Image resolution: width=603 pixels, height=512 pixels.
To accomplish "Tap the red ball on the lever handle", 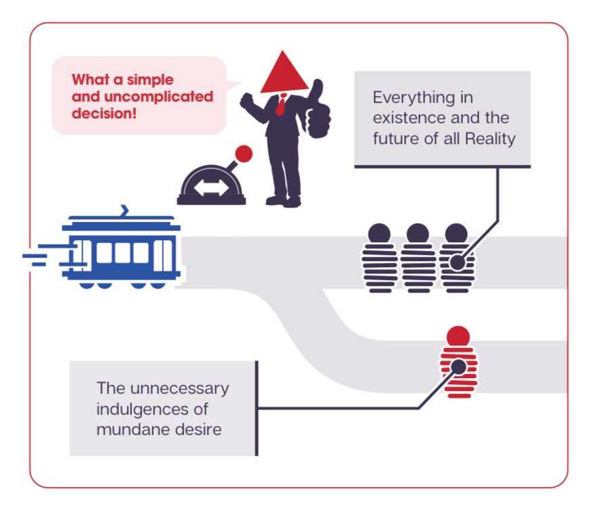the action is point(244,154).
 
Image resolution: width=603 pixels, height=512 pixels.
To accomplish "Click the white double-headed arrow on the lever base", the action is point(210,187).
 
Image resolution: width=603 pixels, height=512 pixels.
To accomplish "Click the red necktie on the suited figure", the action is point(280,106).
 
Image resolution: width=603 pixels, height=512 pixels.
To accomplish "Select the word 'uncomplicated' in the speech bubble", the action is point(158,97).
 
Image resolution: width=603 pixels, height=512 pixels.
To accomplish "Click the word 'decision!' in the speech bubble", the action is point(104,114).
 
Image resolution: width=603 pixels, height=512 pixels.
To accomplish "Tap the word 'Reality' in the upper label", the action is point(491,139).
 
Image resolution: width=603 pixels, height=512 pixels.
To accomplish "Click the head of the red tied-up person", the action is point(458,337).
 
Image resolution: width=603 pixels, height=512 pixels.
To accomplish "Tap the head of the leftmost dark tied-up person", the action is point(379,234).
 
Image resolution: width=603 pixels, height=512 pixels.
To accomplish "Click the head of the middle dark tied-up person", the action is point(418,234).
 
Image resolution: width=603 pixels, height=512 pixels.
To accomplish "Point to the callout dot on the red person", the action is point(458,367).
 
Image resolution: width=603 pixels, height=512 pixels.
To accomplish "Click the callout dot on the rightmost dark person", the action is point(457,262).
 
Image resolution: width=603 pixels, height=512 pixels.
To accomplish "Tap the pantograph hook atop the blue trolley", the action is point(125,210).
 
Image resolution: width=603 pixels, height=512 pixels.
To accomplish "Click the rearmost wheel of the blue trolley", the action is point(86,285).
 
